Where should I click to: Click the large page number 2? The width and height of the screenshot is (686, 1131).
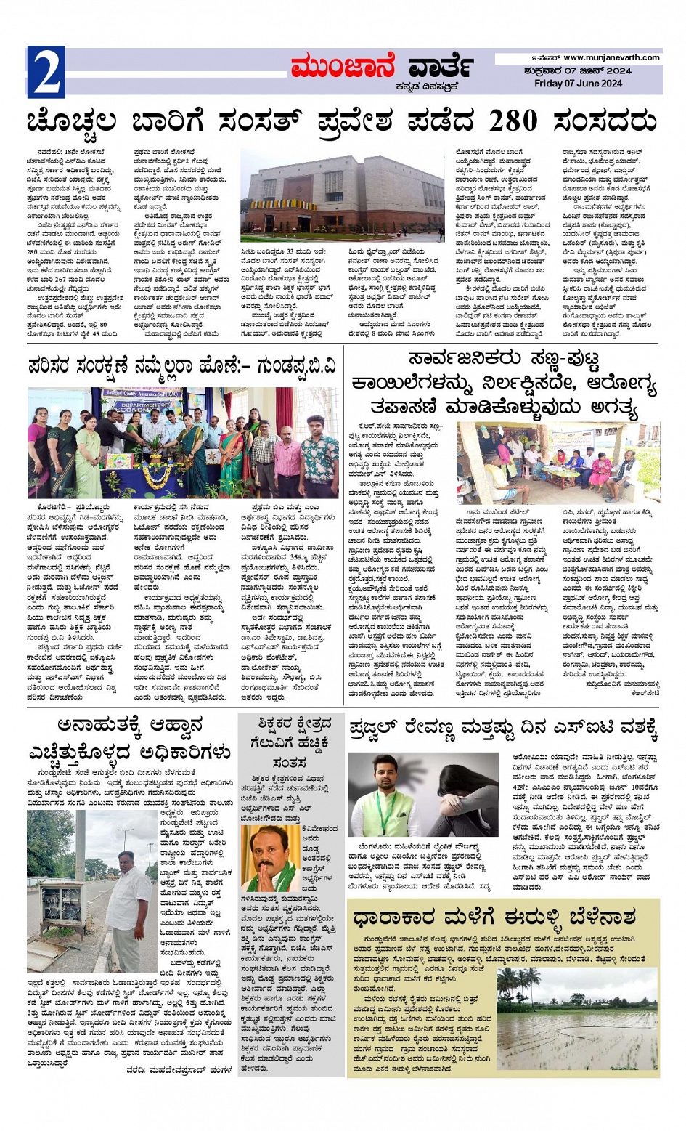[x=46, y=72]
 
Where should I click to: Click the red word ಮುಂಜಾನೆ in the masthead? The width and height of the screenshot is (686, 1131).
[x=342, y=68]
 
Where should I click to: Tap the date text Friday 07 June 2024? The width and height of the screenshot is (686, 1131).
[x=578, y=84]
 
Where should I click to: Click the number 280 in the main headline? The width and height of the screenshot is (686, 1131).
[x=523, y=121]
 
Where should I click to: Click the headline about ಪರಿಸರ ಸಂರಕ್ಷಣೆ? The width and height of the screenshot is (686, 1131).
[x=181, y=367]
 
